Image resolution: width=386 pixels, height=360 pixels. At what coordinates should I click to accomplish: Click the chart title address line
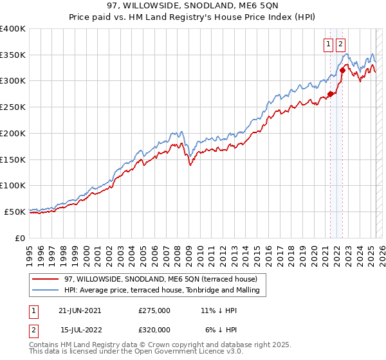point(193,6)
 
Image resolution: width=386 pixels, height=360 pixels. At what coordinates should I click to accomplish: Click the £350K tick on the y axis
point(13,55)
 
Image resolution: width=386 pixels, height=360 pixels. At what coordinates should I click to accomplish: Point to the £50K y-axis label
point(15,212)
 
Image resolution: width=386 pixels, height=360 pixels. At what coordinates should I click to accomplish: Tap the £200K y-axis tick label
point(13,133)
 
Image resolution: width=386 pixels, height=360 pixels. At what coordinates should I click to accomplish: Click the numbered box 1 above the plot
point(328,44)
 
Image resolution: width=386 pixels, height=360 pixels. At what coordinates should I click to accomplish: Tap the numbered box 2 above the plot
point(340,44)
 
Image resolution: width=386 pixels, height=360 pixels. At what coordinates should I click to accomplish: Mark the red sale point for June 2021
point(331,94)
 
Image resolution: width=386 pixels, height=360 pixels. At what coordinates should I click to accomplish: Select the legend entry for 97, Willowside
point(161,279)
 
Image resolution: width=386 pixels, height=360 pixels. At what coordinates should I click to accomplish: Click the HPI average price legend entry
point(161,290)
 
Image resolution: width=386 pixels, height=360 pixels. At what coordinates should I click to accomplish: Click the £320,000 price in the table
point(154,330)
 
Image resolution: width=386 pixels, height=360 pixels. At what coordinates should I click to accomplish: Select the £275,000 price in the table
point(154,310)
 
